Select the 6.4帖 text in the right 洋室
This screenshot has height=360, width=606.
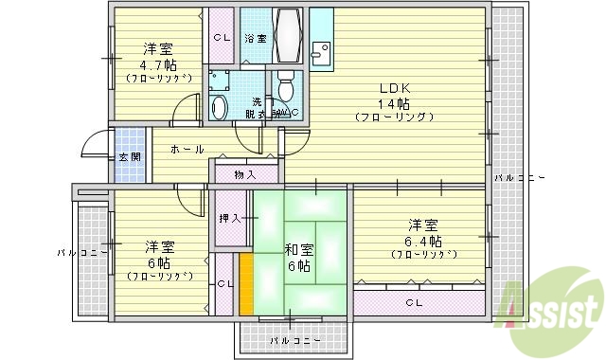[423, 241]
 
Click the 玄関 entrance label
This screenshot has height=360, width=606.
[130, 157]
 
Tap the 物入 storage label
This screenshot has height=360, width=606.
[245, 174]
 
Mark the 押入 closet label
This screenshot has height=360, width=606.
[230, 219]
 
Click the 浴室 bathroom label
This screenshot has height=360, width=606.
[255, 38]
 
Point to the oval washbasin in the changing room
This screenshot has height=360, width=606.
[220, 107]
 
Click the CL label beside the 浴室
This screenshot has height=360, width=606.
[221, 38]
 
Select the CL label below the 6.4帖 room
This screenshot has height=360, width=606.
[415, 303]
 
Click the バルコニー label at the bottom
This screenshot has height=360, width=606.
[294, 339]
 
